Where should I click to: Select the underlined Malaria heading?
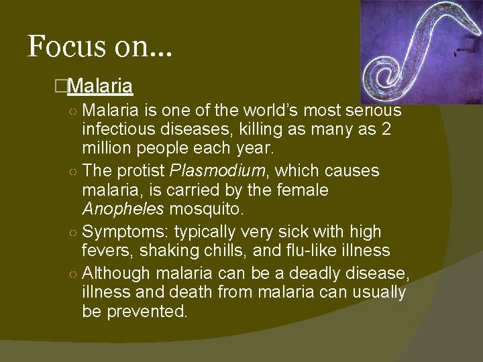tap(100, 86)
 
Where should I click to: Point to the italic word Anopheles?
tap(123, 209)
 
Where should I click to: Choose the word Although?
tap(117, 274)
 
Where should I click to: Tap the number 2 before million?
tap(385, 129)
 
